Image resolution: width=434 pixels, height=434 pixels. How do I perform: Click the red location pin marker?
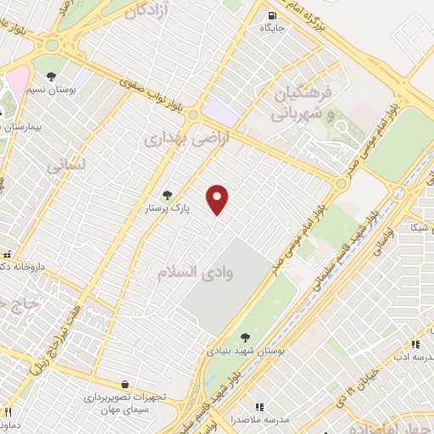click(x=219, y=199)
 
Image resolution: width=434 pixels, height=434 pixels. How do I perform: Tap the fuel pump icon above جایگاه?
click(x=271, y=14)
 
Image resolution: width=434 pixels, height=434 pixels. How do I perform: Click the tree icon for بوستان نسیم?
click(x=51, y=76)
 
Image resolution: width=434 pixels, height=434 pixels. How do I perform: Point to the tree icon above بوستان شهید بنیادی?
click(x=246, y=337)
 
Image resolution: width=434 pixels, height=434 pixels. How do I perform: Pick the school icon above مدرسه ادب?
click(x=415, y=344)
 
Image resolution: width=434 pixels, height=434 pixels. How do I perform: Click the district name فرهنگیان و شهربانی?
click(x=297, y=101)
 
